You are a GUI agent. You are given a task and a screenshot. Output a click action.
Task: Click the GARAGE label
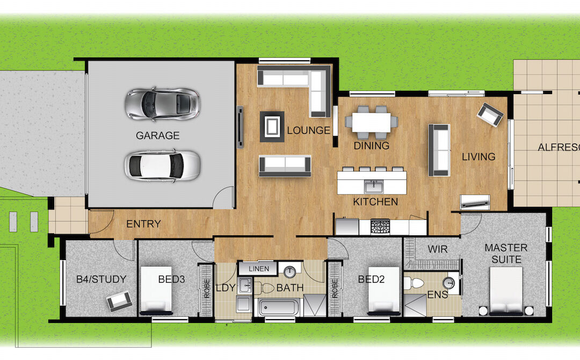click(157, 135)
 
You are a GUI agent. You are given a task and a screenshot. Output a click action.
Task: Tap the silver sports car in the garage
click(162, 104)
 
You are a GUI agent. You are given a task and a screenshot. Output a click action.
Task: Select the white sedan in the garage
click(162, 165)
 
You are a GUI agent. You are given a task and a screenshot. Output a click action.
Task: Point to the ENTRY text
click(143, 224)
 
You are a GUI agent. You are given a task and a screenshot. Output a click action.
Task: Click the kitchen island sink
click(374, 186)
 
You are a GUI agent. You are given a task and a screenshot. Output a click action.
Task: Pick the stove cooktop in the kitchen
click(380, 226)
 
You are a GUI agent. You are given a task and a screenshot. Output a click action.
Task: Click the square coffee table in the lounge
click(272, 126)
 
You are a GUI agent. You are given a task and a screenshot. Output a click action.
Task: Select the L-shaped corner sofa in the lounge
click(294, 91)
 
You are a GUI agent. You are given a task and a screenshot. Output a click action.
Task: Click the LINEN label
click(259, 269)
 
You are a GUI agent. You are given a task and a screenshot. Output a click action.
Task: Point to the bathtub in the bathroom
click(279, 307)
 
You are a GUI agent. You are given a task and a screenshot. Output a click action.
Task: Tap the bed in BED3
click(156, 291)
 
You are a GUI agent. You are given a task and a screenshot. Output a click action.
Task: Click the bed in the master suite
click(506, 291)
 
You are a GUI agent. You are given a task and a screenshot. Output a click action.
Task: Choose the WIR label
click(438, 249)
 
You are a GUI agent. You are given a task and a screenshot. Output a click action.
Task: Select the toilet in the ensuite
click(414, 283)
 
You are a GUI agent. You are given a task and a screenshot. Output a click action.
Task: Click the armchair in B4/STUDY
click(119, 301)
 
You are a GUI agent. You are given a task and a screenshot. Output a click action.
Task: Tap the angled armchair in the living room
click(490, 114)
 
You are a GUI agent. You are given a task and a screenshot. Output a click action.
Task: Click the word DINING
click(372, 146)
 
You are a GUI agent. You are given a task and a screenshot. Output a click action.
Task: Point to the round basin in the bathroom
click(289, 272)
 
